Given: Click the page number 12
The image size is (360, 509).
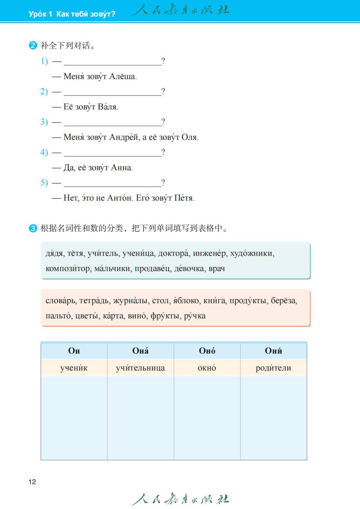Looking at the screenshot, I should [x=32, y=482].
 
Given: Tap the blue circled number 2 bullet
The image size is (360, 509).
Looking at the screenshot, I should [x=33, y=46].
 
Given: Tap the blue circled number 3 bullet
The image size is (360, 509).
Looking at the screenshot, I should [x=33, y=228].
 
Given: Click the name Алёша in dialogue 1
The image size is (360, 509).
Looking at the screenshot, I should [x=123, y=77].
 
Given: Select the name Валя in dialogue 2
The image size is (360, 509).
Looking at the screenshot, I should [x=108, y=107].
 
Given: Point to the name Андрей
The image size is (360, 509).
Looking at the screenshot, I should [x=124, y=137].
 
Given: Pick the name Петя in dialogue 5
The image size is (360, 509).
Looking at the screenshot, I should [x=184, y=198].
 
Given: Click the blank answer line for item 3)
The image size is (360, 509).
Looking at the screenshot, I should [x=113, y=122].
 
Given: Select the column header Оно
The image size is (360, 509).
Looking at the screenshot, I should [x=207, y=351].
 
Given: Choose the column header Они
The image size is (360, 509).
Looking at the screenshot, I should [x=273, y=351].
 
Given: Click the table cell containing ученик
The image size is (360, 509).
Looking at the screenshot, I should [x=74, y=368].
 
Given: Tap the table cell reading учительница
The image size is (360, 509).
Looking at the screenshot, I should [x=140, y=368].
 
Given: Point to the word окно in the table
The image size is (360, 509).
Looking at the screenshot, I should [x=207, y=368].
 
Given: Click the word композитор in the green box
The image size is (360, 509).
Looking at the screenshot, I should [x=68, y=269].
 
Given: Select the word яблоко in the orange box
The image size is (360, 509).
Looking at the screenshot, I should [x=186, y=301].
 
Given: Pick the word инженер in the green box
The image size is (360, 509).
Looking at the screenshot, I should [x=210, y=254].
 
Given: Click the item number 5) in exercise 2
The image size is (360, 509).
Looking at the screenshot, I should [x=44, y=183].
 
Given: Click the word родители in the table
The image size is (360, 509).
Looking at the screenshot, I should [x=273, y=368].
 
